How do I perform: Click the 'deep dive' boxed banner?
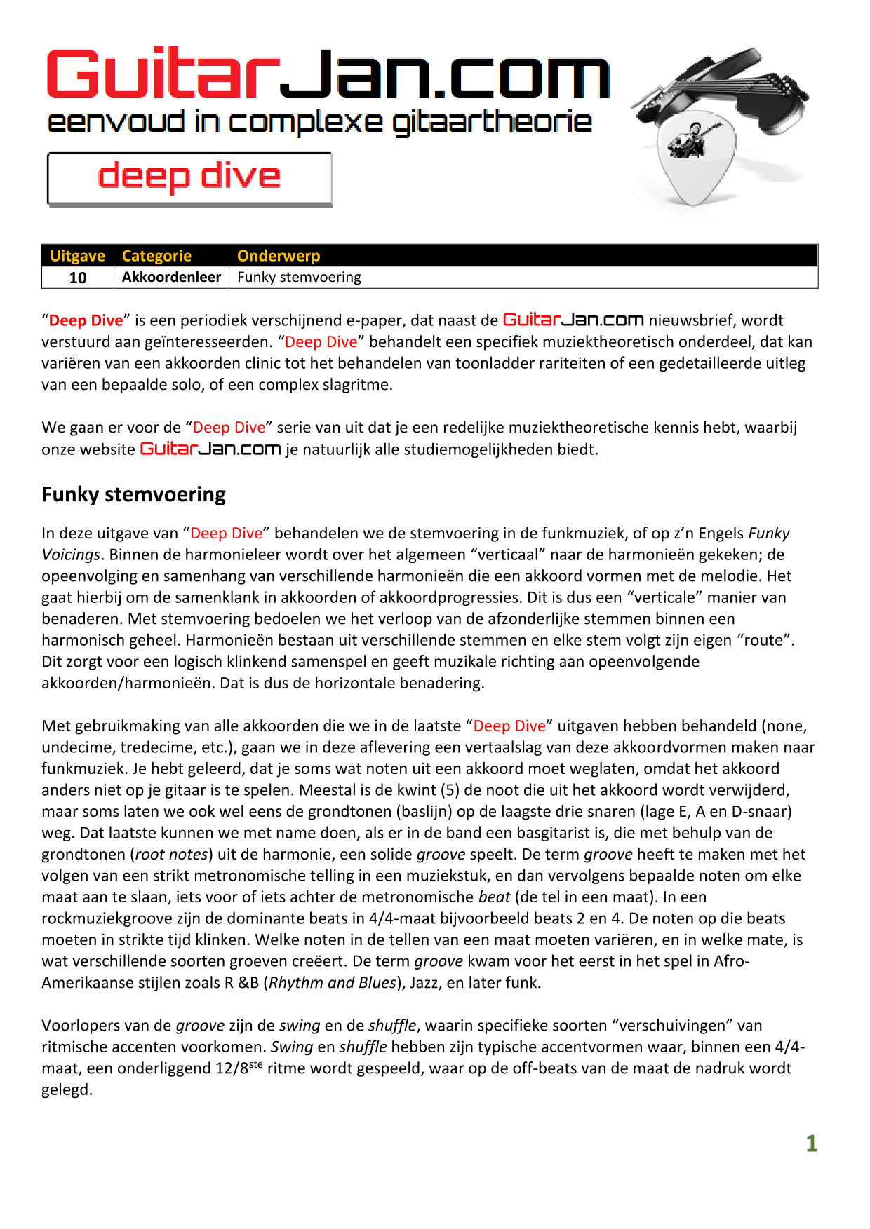pyautogui.click(x=189, y=179)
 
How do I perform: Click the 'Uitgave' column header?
pyautogui.click(x=77, y=256)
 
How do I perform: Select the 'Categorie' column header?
pyautogui.click(x=156, y=256)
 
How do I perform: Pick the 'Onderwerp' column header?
pyautogui.click(x=279, y=256)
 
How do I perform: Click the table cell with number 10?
pyautogui.click(x=78, y=278)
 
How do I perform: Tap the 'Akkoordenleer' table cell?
pyautogui.click(x=171, y=277)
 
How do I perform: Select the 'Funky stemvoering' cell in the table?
pyautogui.click(x=299, y=277)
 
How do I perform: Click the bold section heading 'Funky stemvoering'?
pyautogui.click(x=133, y=494)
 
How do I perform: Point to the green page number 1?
pyautogui.click(x=812, y=1143)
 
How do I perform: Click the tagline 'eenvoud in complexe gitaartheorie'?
pyautogui.click(x=319, y=122)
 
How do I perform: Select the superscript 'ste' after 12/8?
pyautogui.click(x=256, y=1064)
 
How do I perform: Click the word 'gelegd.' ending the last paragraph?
pyautogui.click(x=67, y=1090)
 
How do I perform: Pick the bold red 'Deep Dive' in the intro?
pyautogui.click(x=86, y=320)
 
